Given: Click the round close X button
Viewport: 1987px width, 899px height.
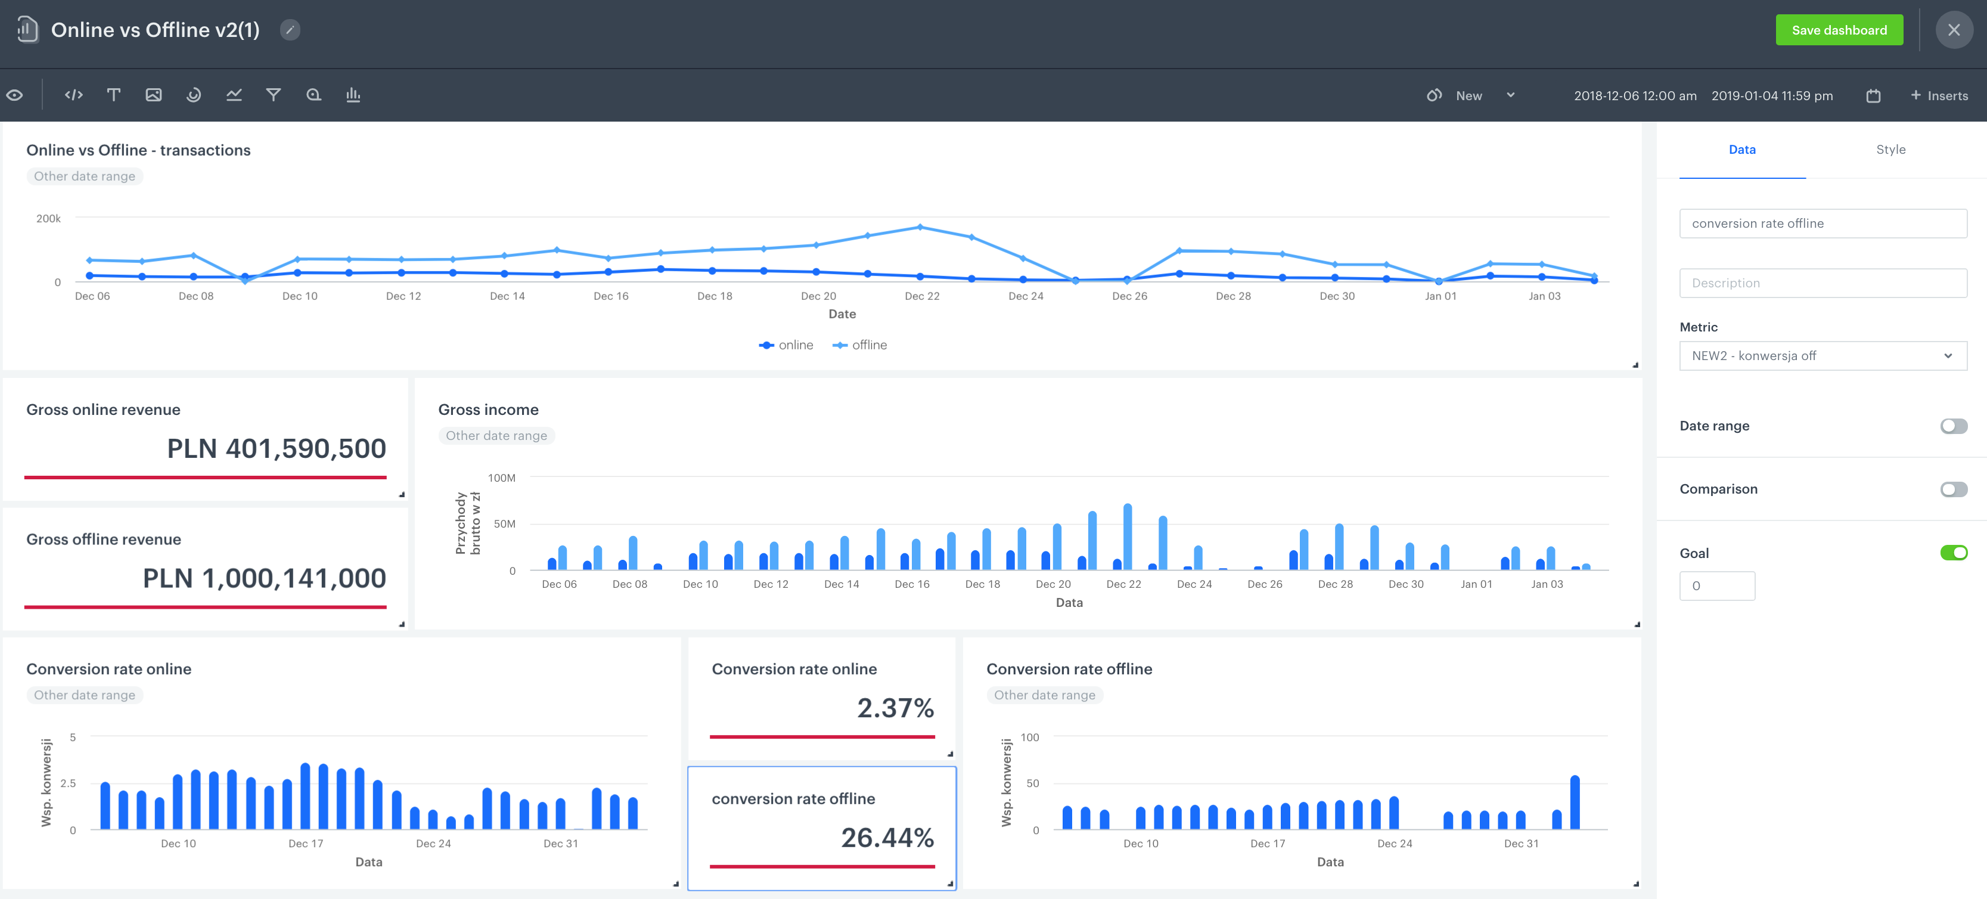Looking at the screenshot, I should click(1953, 30).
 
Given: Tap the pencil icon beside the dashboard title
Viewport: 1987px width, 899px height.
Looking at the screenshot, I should click(290, 30).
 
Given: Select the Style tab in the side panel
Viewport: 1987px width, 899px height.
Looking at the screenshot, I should click(1890, 150).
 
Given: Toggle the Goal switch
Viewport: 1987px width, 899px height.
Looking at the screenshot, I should click(1953, 553).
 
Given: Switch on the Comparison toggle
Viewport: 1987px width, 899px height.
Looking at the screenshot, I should click(1953, 489).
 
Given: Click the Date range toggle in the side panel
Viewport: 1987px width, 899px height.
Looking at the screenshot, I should click(1953, 426).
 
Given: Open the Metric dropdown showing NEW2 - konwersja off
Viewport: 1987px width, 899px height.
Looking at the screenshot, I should click(1822, 356).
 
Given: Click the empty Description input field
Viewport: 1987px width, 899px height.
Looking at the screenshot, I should click(1822, 283).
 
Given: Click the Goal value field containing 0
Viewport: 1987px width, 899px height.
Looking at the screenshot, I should click(1716, 585).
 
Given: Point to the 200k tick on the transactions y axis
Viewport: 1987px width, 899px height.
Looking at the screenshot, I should click(49, 218).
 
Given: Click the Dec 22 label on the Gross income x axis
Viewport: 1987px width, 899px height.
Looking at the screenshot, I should click(1123, 584).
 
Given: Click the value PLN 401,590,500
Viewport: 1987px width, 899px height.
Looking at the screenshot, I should click(276, 448).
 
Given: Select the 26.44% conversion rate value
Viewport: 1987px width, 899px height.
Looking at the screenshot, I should click(887, 837).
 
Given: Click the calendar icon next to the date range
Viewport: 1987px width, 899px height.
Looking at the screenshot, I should click(1873, 96).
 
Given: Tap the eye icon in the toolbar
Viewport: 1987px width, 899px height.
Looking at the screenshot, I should click(15, 95).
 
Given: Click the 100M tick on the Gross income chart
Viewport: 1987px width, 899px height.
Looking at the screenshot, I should click(501, 478).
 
